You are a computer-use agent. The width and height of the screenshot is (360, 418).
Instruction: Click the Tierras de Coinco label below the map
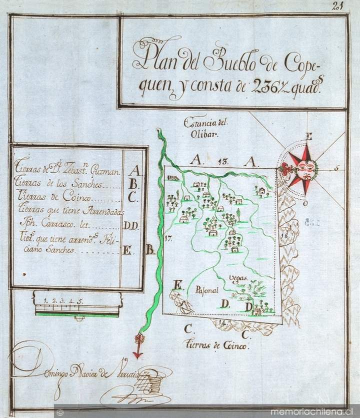coord(216,345)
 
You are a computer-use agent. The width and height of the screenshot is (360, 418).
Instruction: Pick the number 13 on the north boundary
coord(223,161)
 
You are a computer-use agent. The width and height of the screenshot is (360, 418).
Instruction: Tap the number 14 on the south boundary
coord(222,322)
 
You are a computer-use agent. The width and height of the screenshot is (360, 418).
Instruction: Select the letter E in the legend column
coord(127,251)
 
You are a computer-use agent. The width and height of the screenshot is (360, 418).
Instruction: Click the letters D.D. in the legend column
coord(131,226)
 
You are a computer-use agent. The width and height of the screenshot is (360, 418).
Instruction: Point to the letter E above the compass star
coord(309,136)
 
